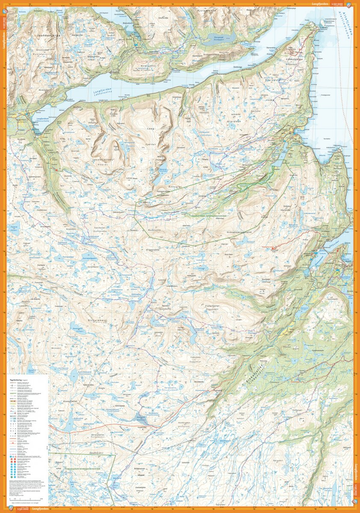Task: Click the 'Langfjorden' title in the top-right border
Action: tap(318, 3)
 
